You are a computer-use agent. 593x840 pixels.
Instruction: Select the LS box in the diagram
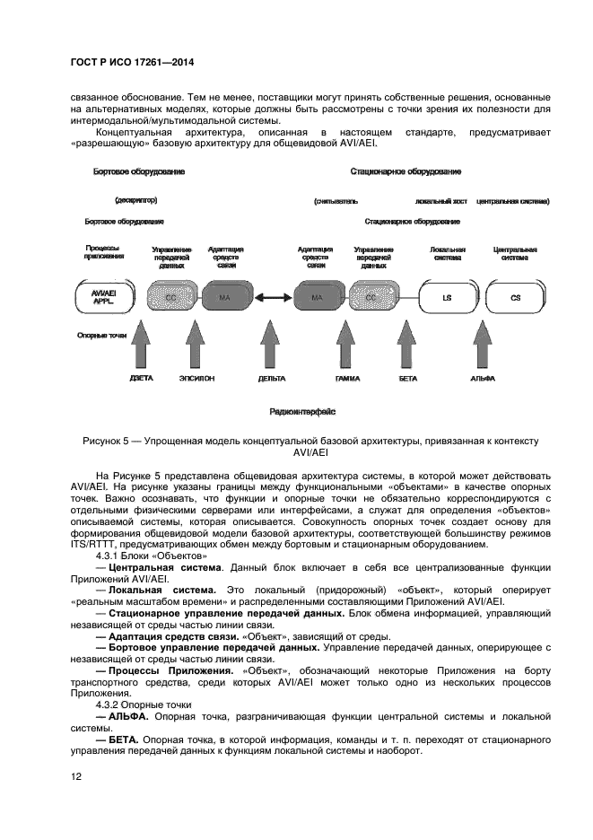[446, 296]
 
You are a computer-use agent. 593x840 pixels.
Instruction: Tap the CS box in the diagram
[515, 296]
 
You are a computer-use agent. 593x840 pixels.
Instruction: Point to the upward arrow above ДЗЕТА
[140, 346]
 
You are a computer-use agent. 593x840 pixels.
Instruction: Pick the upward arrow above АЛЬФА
[482, 346]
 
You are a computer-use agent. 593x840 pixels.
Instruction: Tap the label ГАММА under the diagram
[347, 379]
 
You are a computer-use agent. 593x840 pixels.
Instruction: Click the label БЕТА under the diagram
[407, 379]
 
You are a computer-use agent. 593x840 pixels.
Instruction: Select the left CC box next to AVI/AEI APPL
[170, 296]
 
